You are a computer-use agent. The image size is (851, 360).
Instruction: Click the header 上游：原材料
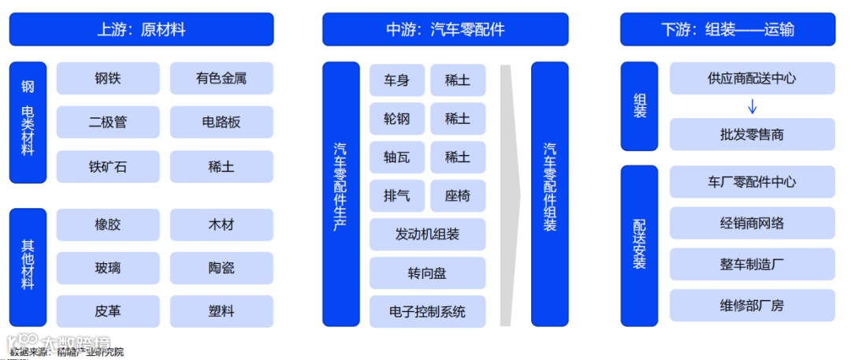coord(141,30)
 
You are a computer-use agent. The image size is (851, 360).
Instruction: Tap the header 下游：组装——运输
coord(727,30)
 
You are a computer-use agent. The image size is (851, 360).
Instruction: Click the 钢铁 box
coord(108,79)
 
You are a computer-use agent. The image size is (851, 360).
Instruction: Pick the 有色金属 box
coord(221,79)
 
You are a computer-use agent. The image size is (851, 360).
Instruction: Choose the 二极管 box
coord(108,122)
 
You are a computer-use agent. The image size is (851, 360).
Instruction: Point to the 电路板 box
coord(221,122)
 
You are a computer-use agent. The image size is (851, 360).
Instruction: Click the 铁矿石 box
coord(108,166)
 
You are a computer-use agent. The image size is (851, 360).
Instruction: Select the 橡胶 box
coord(108,225)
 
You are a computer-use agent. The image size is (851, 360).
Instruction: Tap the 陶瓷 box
coord(221,268)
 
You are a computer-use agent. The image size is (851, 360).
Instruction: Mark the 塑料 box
coord(221,311)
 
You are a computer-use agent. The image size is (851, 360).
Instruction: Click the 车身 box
coord(397,80)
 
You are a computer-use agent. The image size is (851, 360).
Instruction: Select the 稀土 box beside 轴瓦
coord(458,158)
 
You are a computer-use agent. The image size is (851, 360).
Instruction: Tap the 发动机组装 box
coord(428,235)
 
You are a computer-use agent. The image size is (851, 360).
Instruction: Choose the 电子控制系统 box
coord(428,312)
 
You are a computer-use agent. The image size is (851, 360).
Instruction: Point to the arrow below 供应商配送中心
coord(752,106)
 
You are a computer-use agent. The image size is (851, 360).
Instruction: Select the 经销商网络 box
coord(752,223)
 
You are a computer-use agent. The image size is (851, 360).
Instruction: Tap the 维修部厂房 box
coord(752,305)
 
